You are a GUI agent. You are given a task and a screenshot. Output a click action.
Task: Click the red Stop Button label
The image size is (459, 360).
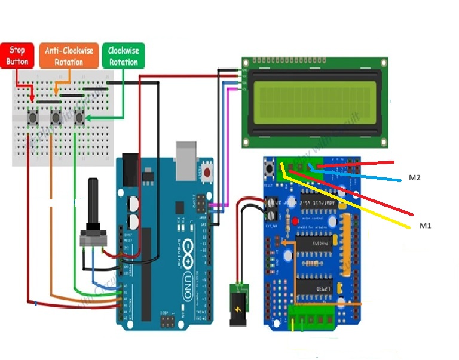tap(17, 56)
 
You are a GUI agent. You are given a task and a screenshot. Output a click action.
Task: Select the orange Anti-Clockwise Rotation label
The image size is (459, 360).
tap(68, 56)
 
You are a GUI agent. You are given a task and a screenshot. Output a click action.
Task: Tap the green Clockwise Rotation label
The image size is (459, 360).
tap(123, 56)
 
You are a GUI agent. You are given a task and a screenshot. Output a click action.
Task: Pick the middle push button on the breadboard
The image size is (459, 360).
tap(56, 118)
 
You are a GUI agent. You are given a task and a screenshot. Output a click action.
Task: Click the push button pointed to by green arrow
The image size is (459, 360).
tap(78, 118)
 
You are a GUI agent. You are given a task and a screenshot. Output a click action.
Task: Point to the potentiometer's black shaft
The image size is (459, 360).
tap(93, 200)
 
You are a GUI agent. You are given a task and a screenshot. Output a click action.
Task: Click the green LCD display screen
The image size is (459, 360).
tap(313, 102)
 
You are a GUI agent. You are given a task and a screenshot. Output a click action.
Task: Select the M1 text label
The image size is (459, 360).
tap(425, 226)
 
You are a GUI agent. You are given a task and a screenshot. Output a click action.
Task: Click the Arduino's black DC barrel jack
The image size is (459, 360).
tap(130, 170)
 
